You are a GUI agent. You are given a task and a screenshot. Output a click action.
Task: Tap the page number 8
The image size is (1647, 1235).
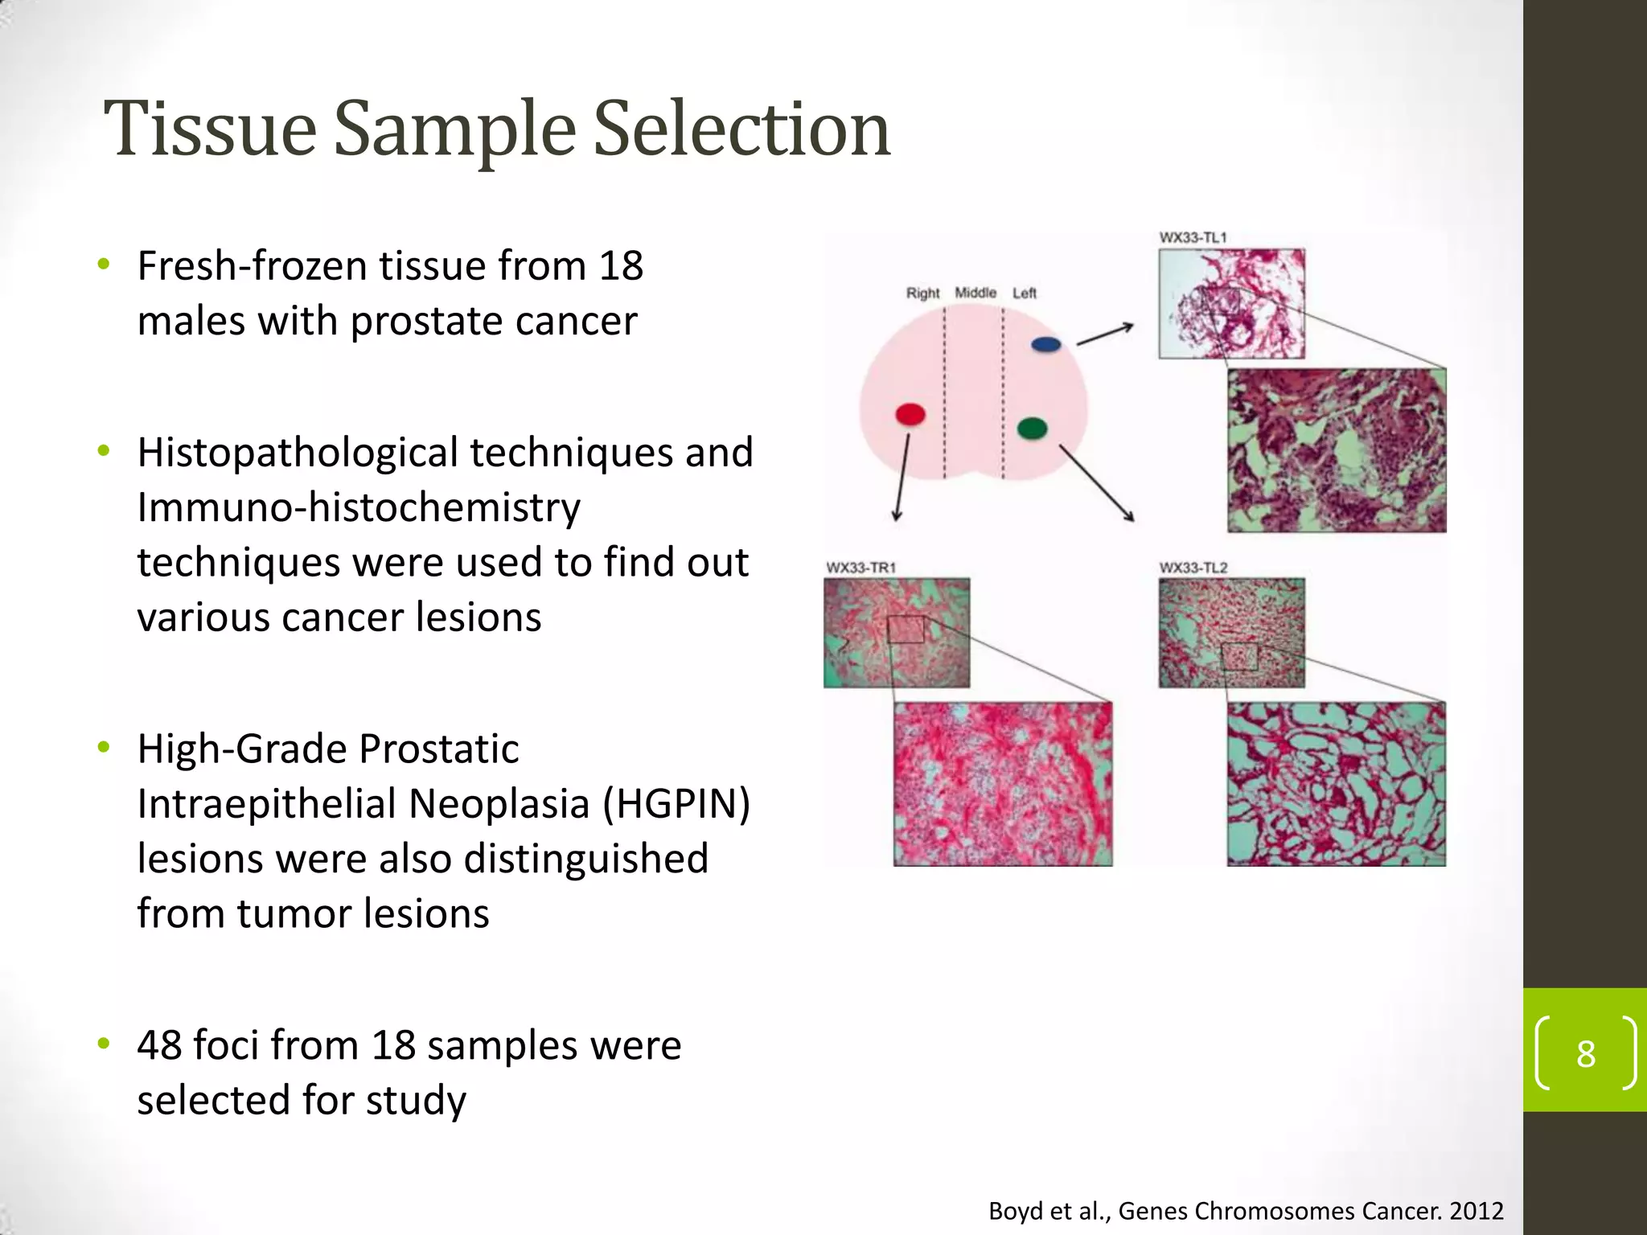pos(1585,1054)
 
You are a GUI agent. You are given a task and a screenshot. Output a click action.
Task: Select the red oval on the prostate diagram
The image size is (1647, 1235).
pos(910,414)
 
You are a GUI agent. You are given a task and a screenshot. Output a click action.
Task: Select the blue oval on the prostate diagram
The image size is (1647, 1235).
pos(1045,344)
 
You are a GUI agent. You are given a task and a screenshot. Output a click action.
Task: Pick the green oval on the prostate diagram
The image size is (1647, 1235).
pos(1032,428)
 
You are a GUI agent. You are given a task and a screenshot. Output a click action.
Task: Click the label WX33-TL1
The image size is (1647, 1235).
pos(1193,237)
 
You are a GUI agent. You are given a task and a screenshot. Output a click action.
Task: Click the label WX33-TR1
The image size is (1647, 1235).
pos(860,568)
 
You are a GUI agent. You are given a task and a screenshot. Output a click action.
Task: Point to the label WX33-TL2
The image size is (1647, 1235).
pos(1193,568)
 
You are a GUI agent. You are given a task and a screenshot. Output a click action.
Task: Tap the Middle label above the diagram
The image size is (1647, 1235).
pos(975,293)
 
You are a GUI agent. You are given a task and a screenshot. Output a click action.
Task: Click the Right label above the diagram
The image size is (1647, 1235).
pos(922,293)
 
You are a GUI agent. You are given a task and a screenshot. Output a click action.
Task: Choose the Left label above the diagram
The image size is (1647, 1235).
pos(1024,293)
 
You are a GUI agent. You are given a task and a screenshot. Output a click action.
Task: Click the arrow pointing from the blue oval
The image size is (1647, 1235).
pos(1105,334)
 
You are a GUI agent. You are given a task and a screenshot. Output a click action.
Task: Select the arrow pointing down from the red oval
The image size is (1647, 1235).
pos(902,478)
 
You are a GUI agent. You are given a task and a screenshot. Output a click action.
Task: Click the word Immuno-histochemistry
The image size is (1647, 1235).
pos(359,508)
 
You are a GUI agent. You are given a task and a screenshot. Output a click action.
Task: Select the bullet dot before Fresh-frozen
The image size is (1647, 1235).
pos(103,265)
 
